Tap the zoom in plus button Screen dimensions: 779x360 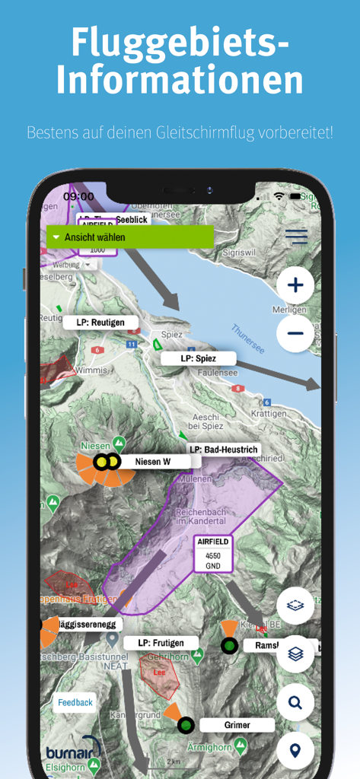tap(295, 286)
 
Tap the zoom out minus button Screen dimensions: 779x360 tap(295, 333)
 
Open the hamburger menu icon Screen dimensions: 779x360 tap(297, 237)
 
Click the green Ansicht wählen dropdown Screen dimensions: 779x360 tap(130, 237)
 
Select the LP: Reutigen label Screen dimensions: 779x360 tap(100, 323)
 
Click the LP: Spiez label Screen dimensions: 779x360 tap(198, 358)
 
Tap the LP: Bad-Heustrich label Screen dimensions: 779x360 tap(223, 450)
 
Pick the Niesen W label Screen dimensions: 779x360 tap(152, 461)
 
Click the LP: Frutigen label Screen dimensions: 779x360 tap(161, 643)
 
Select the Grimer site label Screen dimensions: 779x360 tap(237, 725)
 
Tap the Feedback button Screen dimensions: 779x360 tap(75, 702)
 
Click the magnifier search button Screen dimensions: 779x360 tap(295, 702)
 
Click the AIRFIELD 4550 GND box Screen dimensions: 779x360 tap(212, 554)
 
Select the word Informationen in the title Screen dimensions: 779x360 tap(180, 80)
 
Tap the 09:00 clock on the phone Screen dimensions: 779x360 tap(78, 196)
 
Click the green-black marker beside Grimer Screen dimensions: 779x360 tap(185, 725)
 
